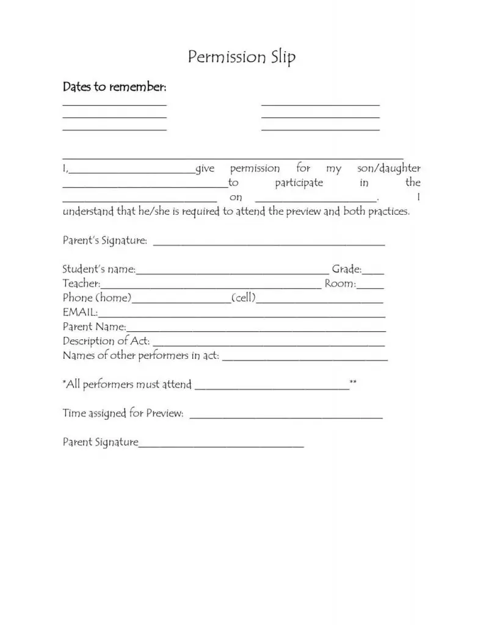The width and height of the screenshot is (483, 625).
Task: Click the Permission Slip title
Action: click(242, 57)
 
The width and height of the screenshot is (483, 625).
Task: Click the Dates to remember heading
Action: click(114, 87)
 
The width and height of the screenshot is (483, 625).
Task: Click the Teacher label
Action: click(81, 284)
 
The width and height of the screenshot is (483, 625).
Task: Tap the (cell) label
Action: click(243, 298)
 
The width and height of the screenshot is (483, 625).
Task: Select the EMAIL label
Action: click(79, 312)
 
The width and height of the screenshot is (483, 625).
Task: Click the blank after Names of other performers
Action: click(305, 358)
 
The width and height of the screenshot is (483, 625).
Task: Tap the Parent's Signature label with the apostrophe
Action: click(104, 240)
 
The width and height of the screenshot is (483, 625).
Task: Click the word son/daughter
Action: click(388, 168)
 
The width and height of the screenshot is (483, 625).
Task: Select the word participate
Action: click(299, 182)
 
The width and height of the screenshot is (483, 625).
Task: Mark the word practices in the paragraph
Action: click(389, 212)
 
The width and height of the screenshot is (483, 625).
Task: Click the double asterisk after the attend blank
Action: click(353, 383)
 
